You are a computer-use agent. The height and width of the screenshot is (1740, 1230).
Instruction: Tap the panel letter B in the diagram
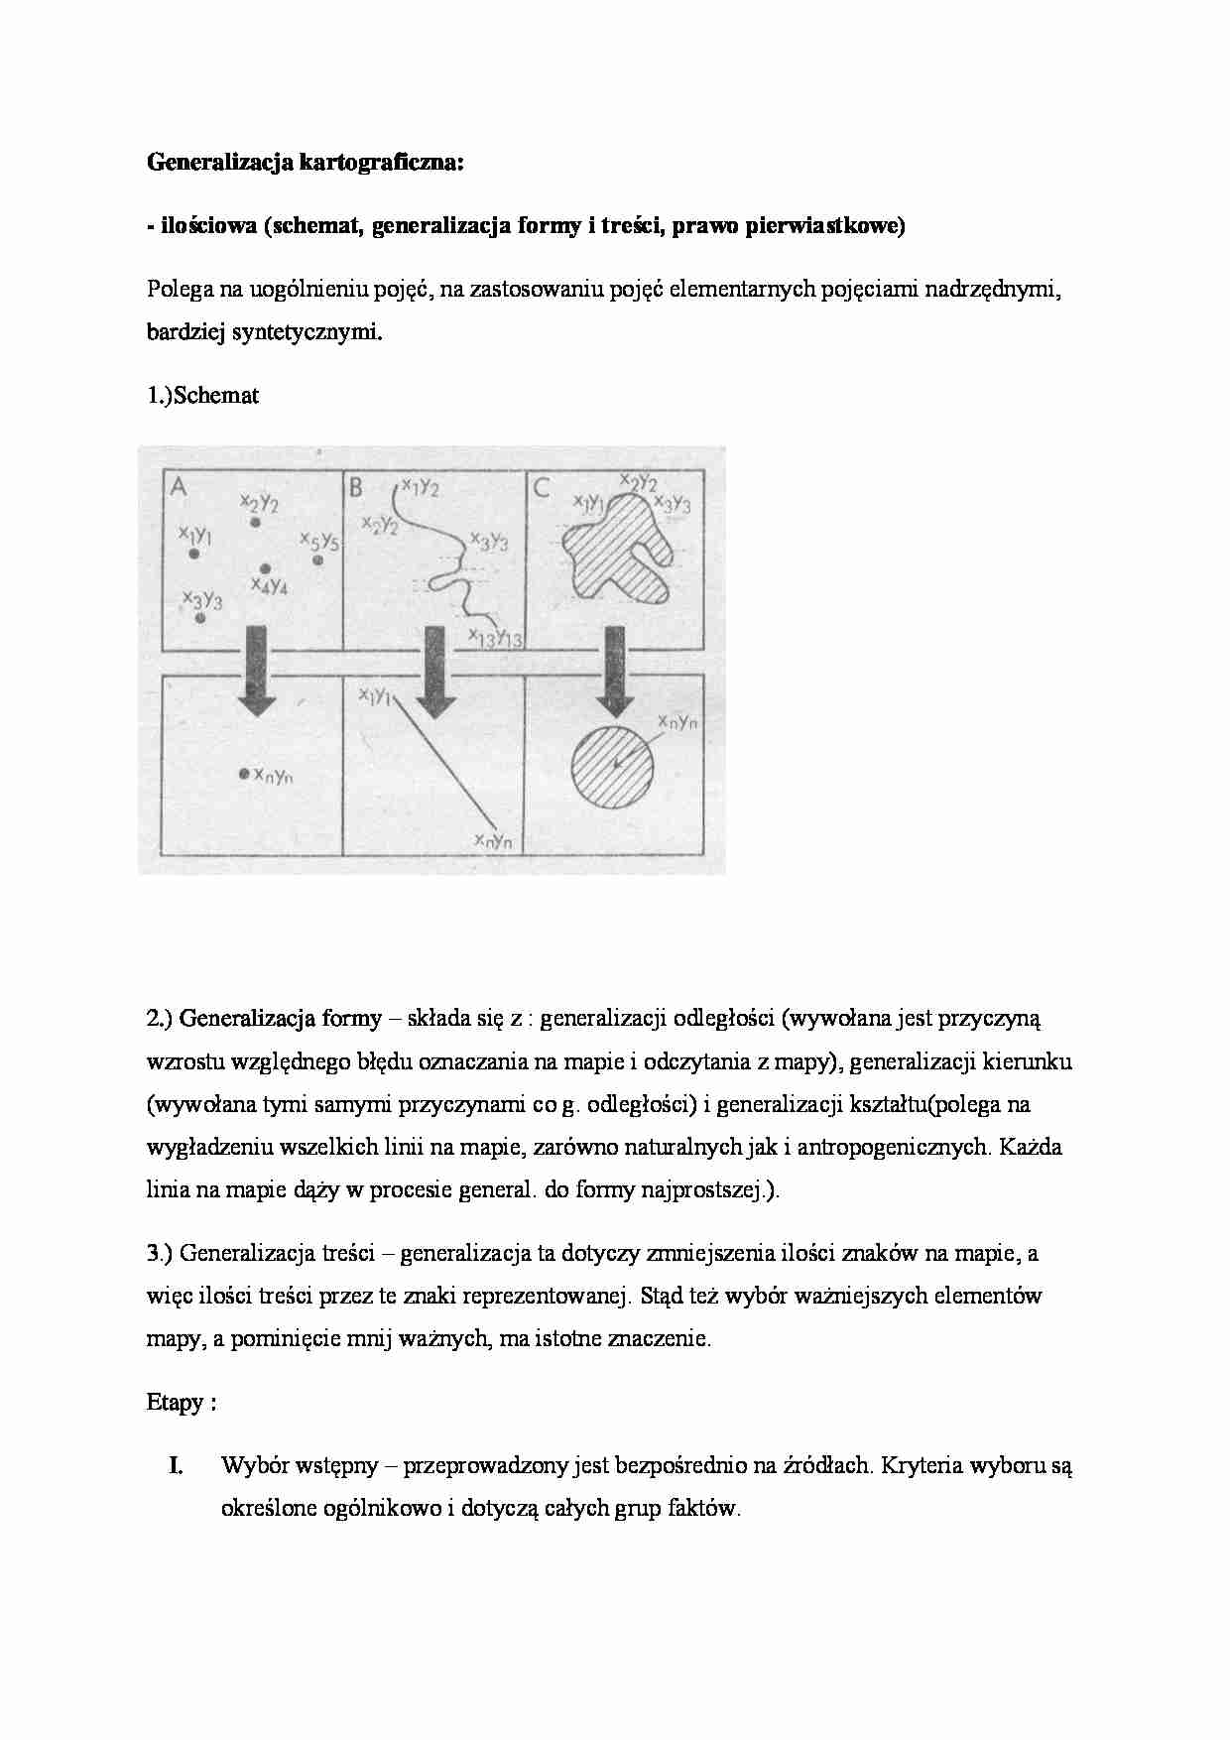point(355,487)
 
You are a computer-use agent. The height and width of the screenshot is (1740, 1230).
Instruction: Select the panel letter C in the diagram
point(542,487)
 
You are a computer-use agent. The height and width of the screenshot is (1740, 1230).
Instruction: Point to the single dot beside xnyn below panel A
point(244,774)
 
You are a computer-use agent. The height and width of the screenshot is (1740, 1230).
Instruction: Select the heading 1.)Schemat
point(203,395)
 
